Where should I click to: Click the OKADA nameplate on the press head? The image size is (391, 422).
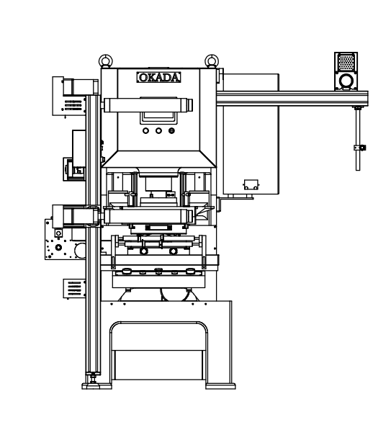158,77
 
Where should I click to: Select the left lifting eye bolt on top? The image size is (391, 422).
106,61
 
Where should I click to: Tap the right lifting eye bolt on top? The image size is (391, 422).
212,61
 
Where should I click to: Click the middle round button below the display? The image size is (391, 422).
158,131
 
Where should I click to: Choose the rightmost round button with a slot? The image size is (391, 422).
171,131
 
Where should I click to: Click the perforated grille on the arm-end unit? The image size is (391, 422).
346,62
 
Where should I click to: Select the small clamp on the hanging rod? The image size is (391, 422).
359,148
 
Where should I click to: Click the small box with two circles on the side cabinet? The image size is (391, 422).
251,185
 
